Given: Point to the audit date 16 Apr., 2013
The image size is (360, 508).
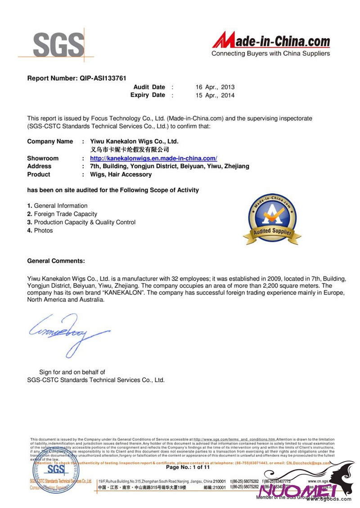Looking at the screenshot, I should click(x=215, y=87).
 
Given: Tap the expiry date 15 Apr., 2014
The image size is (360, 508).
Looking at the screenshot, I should click(x=215, y=95).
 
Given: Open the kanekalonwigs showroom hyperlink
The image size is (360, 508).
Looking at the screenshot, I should click(x=153, y=158).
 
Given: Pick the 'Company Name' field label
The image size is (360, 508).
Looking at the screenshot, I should click(x=50, y=141).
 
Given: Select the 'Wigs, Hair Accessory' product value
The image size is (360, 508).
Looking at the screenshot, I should click(x=121, y=174).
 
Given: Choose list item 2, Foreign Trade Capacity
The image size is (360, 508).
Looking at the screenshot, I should click(x=62, y=214).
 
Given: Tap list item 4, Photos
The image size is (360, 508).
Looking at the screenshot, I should click(x=40, y=231).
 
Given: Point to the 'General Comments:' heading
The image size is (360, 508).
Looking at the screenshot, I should click(x=56, y=261).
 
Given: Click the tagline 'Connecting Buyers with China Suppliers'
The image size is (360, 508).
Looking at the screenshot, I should click(x=270, y=53).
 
